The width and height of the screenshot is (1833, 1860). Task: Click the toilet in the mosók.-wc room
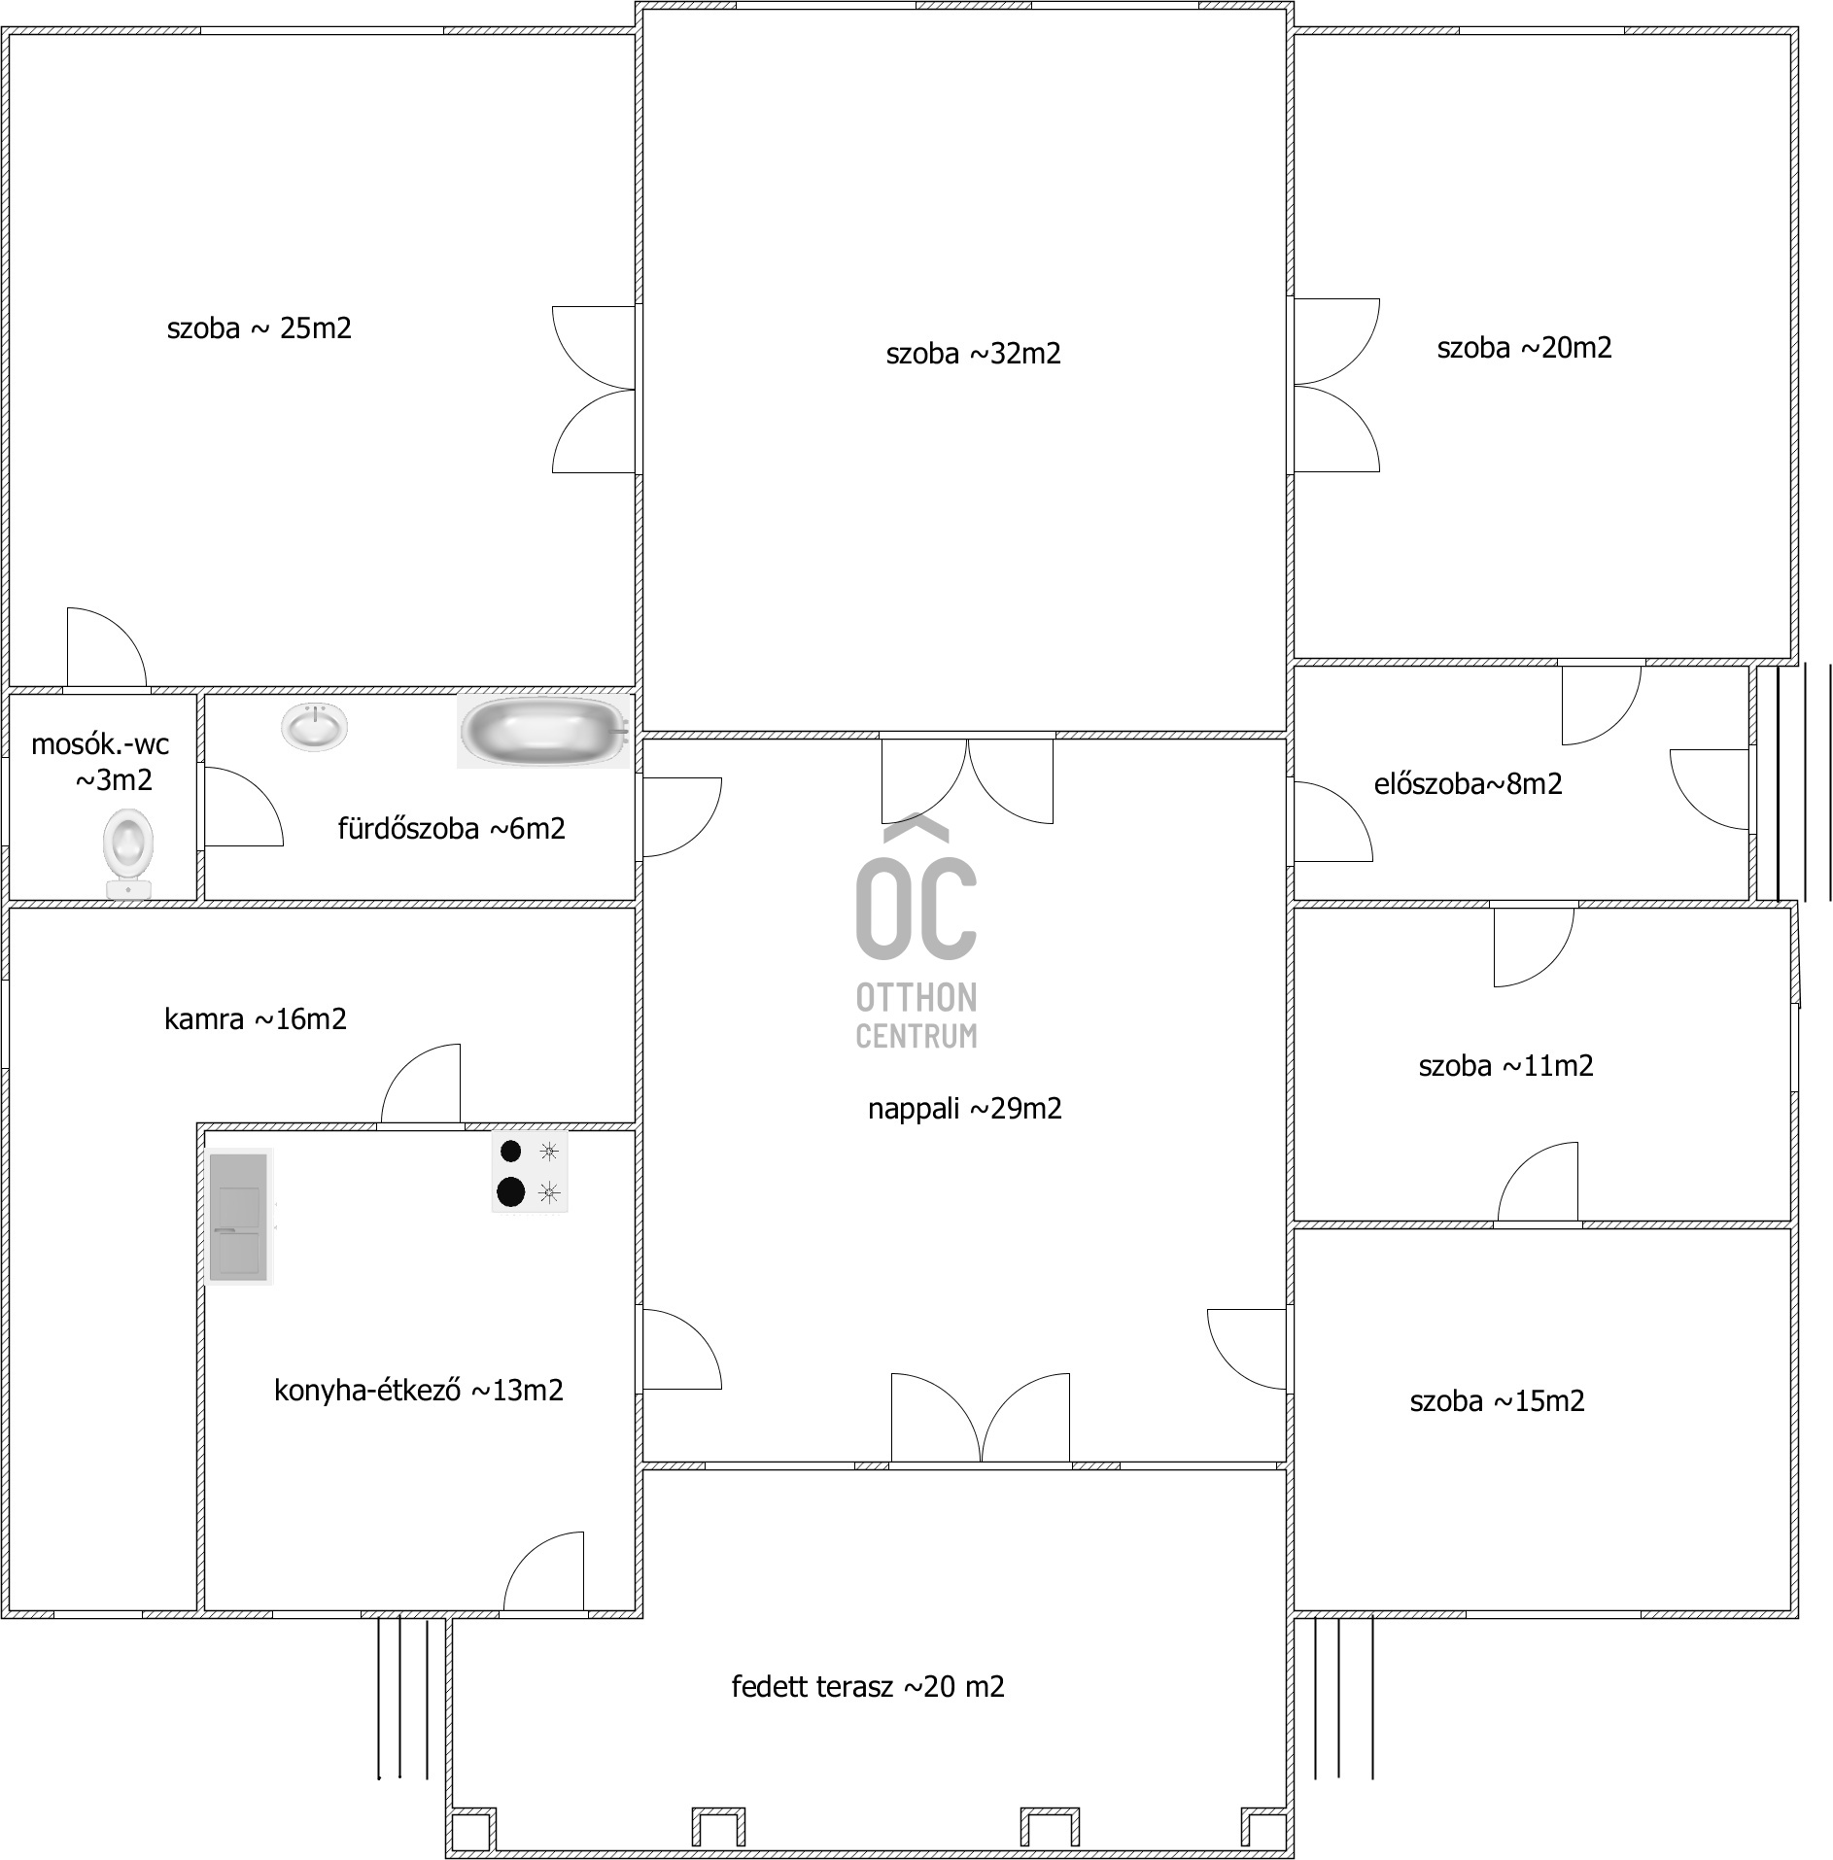click(x=127, y=854)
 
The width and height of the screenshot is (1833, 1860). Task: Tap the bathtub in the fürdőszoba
click(x=544, y=731)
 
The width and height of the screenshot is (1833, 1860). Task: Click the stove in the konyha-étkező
click(x=530, y=1172)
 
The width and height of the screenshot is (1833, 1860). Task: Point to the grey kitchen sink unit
click(x=239, y=1216)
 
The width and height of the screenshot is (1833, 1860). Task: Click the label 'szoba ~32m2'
click(x=973, y=354)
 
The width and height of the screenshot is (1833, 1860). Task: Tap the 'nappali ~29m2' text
click(x=964, y=1109)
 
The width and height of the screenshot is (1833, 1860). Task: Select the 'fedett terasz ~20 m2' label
click(x=868, y=1686)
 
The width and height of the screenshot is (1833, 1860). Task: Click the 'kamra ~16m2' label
click(x=256, y=1019)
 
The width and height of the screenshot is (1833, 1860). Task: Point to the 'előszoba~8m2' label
click(x=1468, y=784)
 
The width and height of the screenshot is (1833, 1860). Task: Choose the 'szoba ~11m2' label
click(x=1505, y=1066)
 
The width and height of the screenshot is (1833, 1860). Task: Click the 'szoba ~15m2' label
click(x=1497, y=1401)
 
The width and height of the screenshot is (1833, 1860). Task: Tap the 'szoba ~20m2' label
click(x=1524, y=348)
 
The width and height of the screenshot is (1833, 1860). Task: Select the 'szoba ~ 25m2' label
click(x=259, y=328)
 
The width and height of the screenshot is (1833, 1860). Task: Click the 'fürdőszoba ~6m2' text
click(x=451, y=829)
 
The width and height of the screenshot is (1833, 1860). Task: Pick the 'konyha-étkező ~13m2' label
click(x=418, y=1391)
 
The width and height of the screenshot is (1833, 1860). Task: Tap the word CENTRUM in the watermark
click(x=916, y=1037)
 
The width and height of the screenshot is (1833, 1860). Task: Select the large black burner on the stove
click(x=510, y=1191)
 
